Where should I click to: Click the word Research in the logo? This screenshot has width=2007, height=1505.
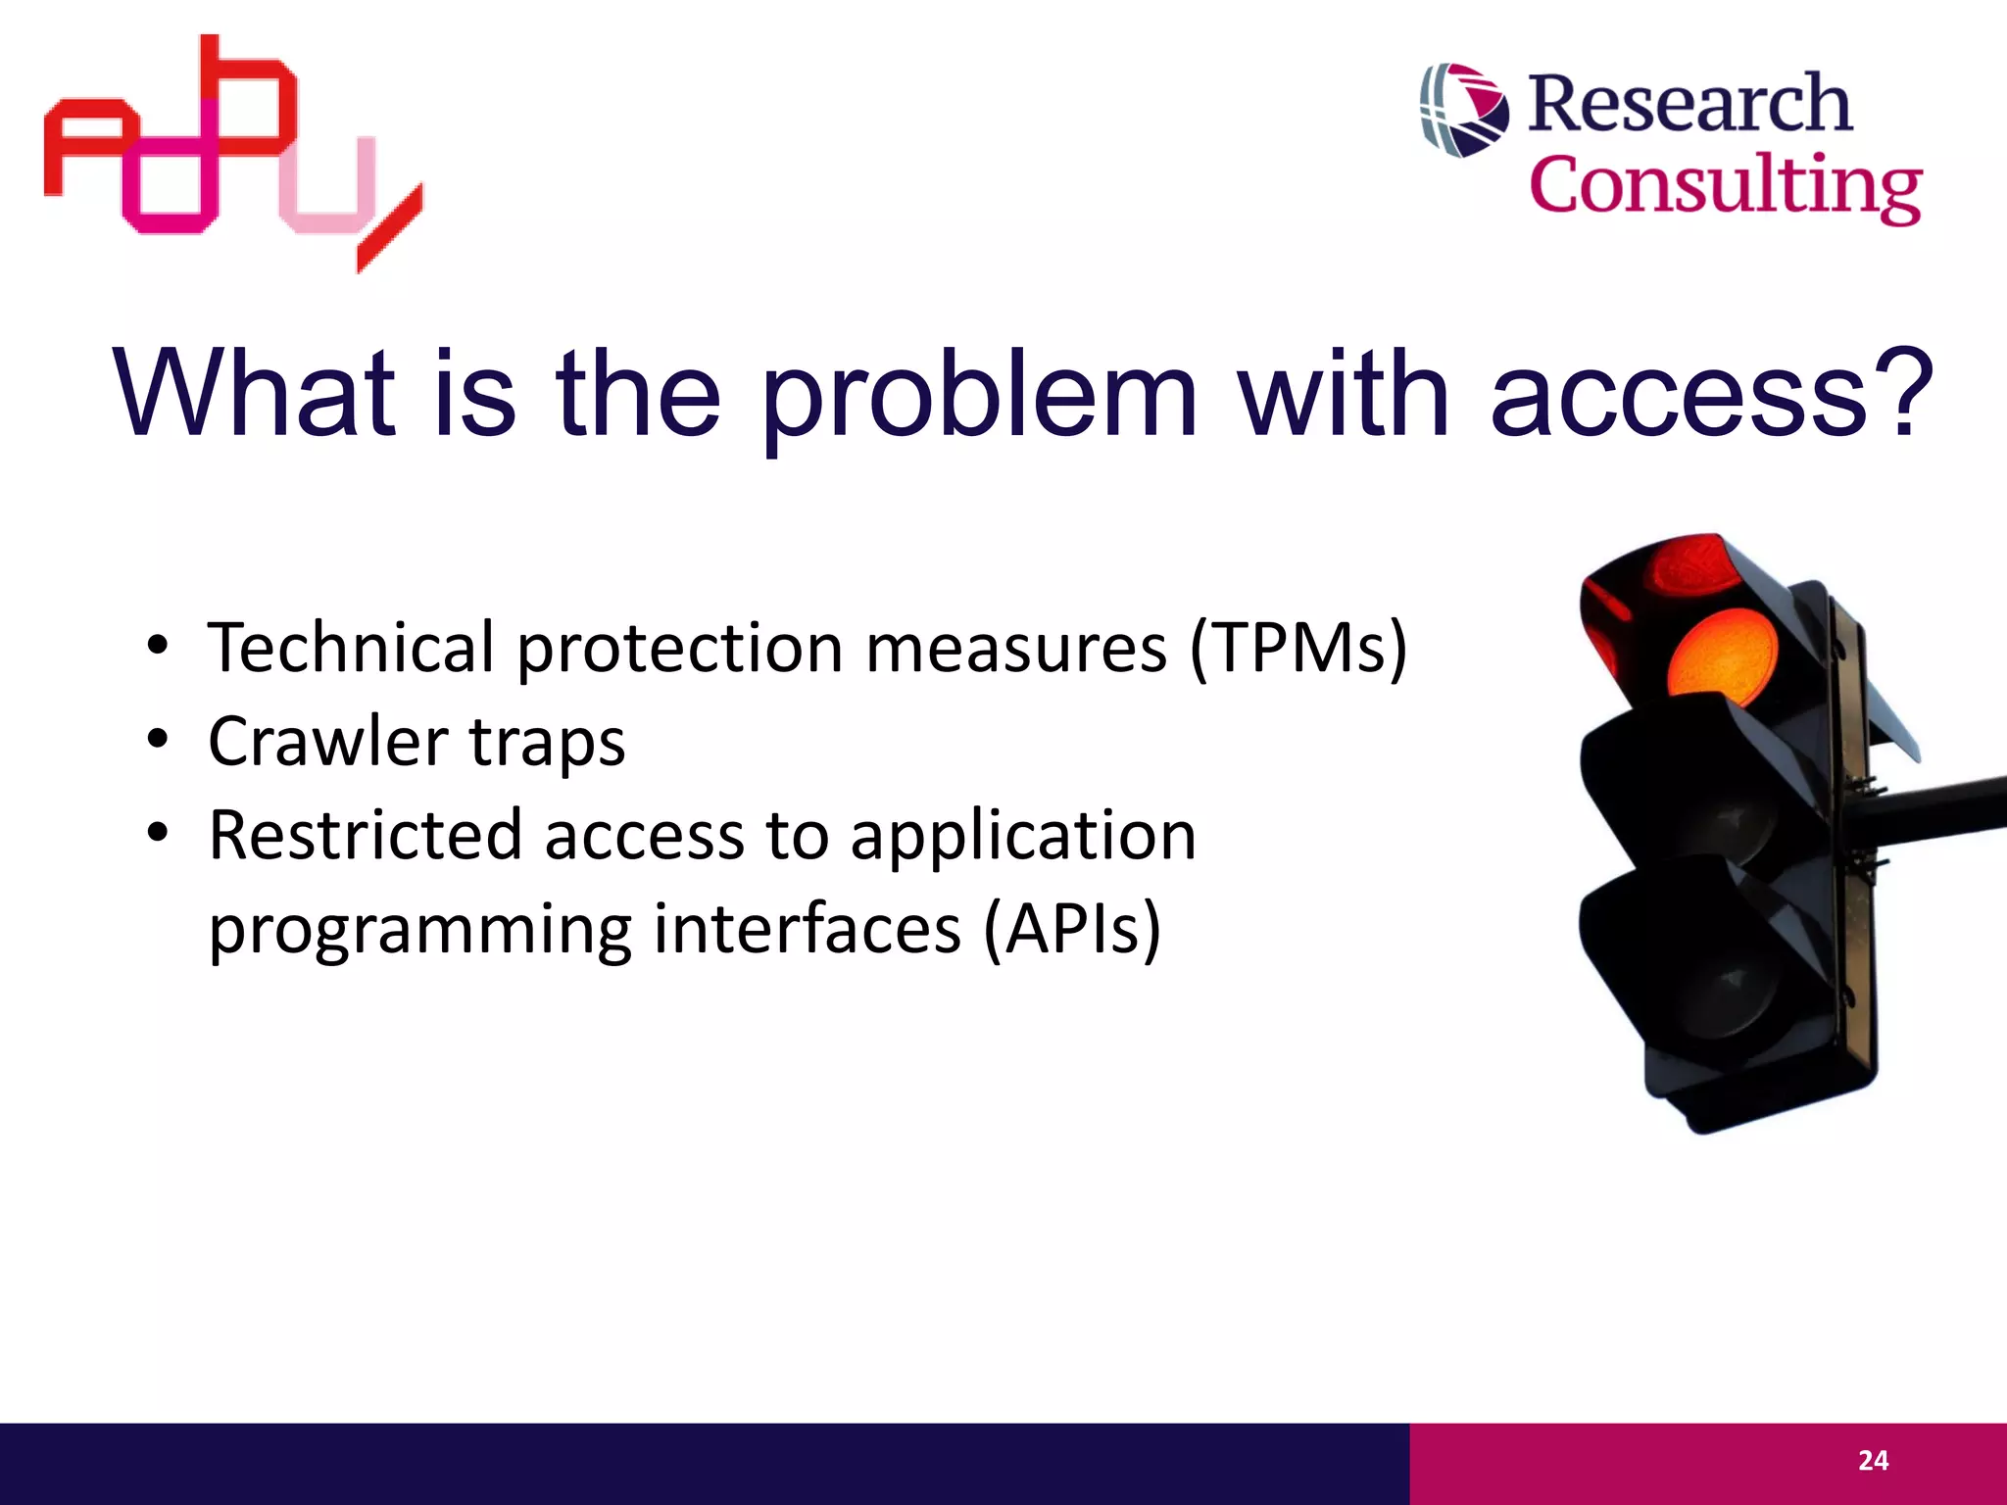(x=1689, y=104)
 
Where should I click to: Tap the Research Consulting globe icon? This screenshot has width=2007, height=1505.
(x=1464, y=110)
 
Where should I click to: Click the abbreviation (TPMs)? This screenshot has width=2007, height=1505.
(x=1298, y=649)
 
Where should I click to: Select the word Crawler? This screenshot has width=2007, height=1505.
(x=327, y=742)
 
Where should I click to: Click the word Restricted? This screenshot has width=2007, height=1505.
(x=365, y=836)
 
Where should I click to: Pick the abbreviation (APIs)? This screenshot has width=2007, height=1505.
(x=1071, y=929)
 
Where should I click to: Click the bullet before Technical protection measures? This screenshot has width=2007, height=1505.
(x=158, y=648)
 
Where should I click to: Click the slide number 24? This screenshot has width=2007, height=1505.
(x=1873, y=1461)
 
